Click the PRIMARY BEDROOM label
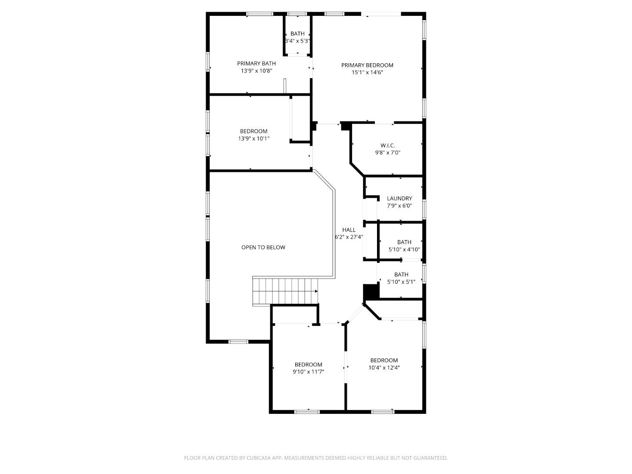tap(367, 65)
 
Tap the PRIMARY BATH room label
tap(256, 64)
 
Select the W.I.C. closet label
tap(388, 145)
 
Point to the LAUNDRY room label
tap(399, 198)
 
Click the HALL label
tap(349, 230)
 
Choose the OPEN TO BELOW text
tap(263, 248)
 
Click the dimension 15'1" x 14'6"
tap(367, 73)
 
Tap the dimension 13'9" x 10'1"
tap(254, 139)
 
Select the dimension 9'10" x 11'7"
tap(308, 372)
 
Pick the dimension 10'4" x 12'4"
tap(384, 368)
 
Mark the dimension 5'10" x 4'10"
tap(404, 249)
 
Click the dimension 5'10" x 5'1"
tap(401, 282)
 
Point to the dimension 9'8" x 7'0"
tap(388, 153)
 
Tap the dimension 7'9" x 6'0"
tap(399, 205)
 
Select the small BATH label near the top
tap(297, 34)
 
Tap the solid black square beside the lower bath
tap(370, 292)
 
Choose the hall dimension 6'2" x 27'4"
tap(349, 237)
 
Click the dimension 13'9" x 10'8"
tap(256, 71)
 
